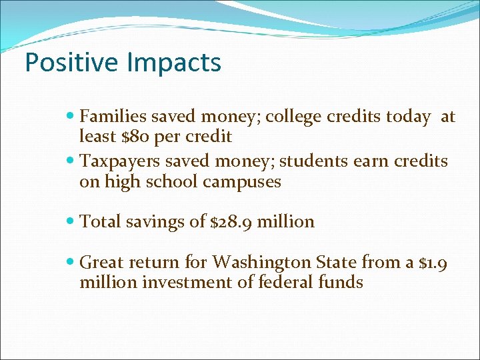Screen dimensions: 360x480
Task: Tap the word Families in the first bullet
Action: (x=113, y=117)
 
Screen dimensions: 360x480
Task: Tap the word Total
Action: (x=101, y=222)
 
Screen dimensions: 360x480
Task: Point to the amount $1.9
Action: (x=433, y=262)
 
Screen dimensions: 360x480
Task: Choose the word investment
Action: (x=172, y=282)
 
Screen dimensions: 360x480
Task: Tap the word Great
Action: (x=102, y=262)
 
